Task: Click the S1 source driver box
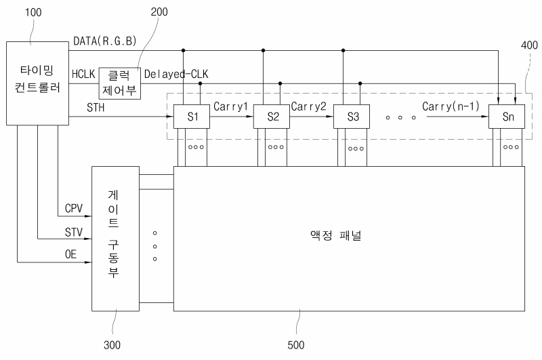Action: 192,117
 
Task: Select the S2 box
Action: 272,117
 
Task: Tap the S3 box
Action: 352,117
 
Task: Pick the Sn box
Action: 508,117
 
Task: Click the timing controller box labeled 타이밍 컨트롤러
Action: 36,83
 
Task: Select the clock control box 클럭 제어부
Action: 121,83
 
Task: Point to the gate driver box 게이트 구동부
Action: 114,237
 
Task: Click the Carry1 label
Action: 232,106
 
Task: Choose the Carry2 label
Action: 311,106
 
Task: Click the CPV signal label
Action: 74,208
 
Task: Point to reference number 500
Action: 295,345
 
